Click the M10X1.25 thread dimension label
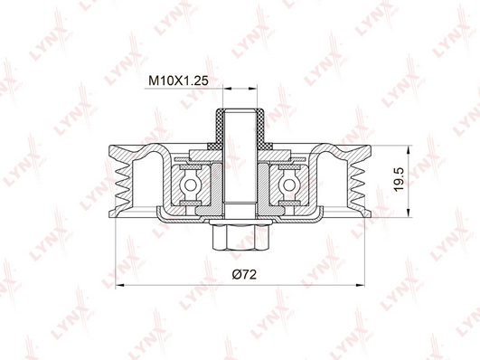point(178,81)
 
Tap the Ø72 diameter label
point(244,274)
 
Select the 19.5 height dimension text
point(400,179)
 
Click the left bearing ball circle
point(191,185)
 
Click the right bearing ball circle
point(289,185)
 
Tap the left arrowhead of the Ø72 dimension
point(119,286)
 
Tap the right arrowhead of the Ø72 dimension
point(361,286)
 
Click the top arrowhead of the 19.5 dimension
point(408,150)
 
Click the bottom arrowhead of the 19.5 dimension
point(408,213)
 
